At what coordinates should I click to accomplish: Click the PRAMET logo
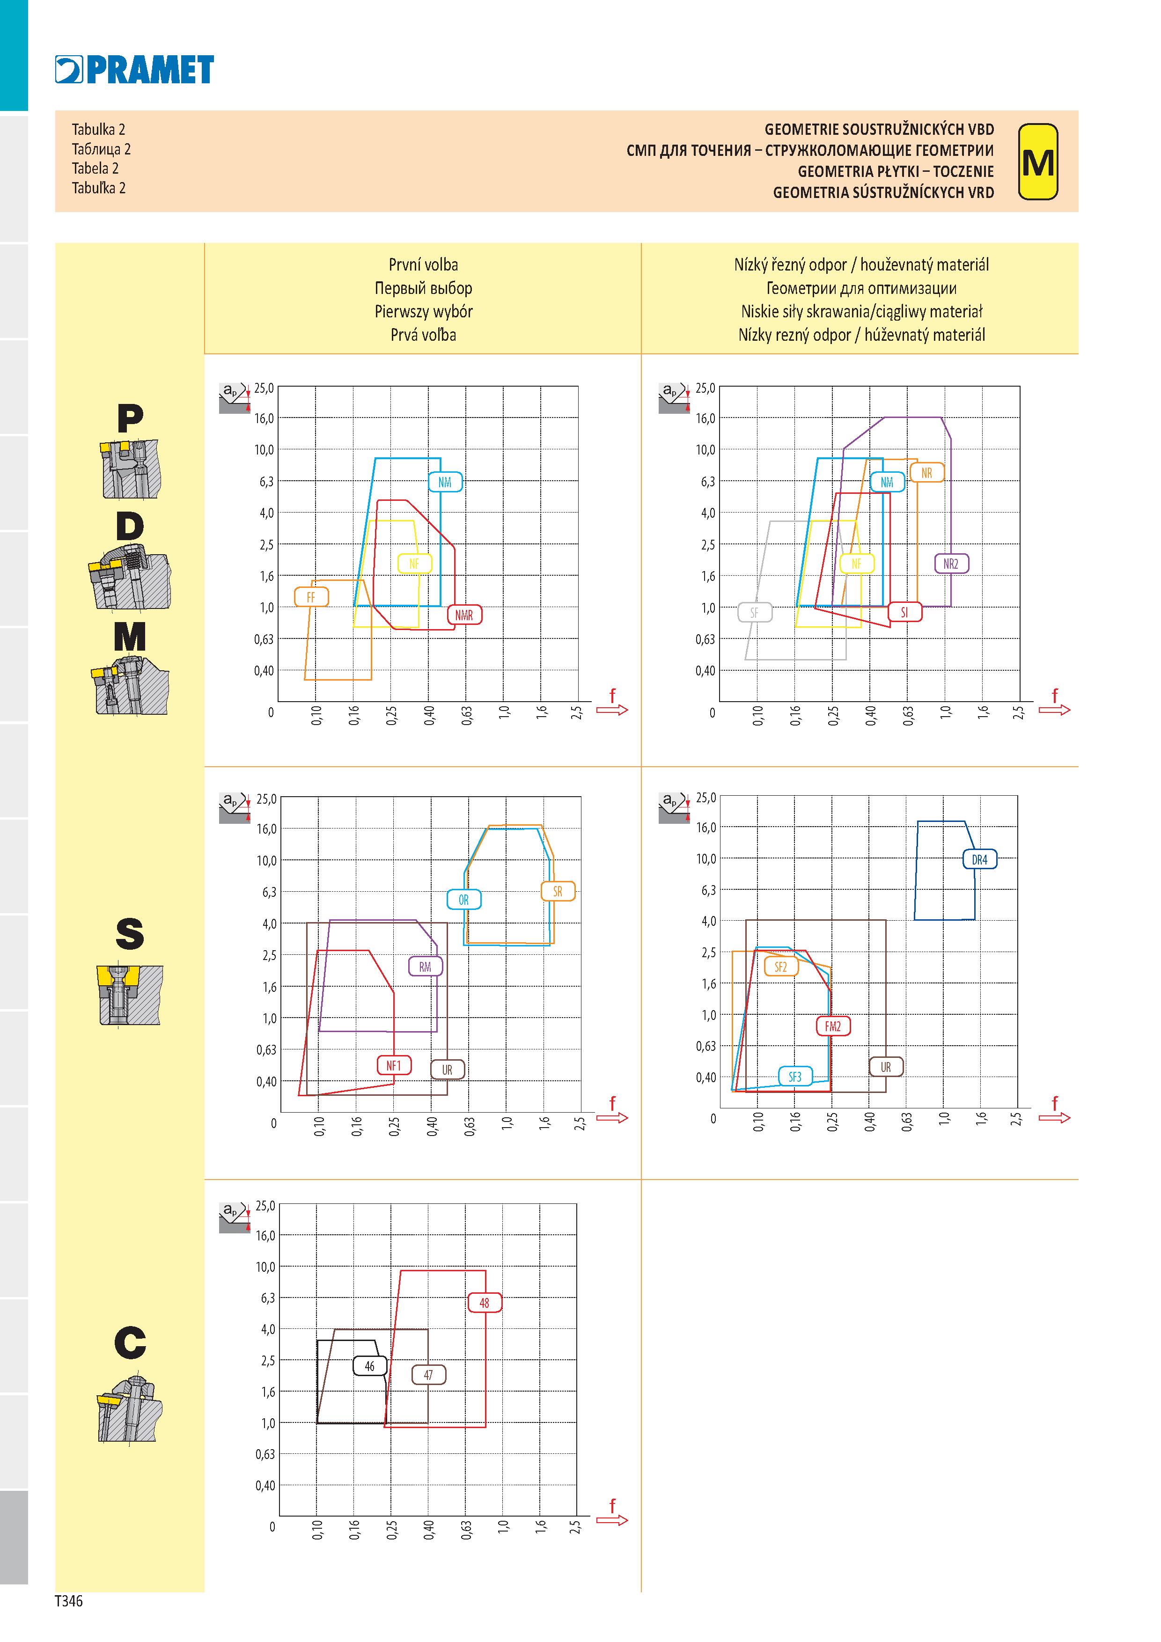[134, 69]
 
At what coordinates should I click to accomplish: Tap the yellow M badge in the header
[1037, 161]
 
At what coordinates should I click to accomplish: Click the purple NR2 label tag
[951, 564]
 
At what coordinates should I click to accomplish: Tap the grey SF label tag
[755, 613]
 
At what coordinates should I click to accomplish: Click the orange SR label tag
[558, 892]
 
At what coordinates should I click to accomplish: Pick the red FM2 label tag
[833, 1026]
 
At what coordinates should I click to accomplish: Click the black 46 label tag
[370, 1366]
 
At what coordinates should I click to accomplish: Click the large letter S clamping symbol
[130, 934]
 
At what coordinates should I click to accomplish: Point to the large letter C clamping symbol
[130, 1342]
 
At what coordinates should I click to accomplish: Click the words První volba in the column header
[424, 264]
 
